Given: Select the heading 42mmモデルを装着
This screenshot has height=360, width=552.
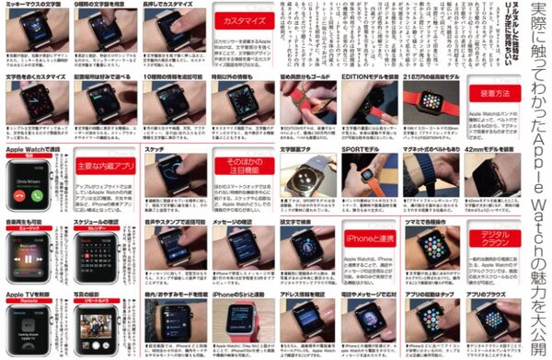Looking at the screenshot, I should point(502,148).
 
